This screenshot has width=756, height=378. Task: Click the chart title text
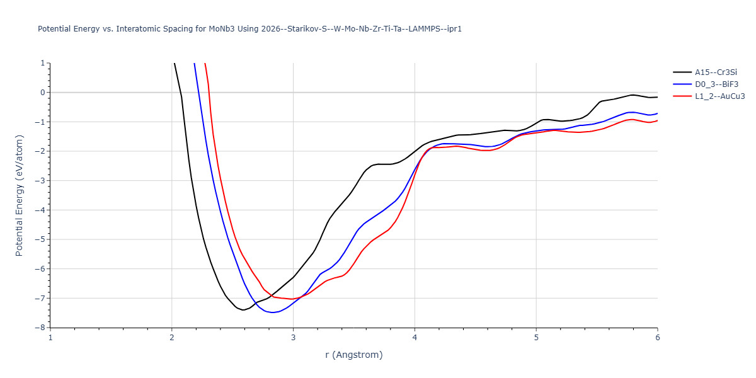[x=249, y=29]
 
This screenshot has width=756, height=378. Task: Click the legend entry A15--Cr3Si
[x=716, y=72]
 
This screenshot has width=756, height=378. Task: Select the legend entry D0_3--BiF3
[x=716, y=84]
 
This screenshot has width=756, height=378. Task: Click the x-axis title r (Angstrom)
[x=353, y=355]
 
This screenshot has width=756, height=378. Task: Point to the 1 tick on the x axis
[x=50, y=337]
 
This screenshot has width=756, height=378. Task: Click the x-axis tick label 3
[x=293, y=337]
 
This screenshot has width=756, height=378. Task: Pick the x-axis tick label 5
[x=536, y=337]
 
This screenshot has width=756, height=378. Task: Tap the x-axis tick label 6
[x=657, y=337]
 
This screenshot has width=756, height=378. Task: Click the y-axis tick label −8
[x=41, y=328]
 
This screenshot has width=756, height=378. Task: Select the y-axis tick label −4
[x=41, y=210]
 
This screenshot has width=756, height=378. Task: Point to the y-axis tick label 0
[x=43, y=93]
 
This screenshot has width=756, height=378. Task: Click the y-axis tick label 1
[x=43, y=63]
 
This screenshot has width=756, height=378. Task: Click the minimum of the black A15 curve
[x=243, y=310]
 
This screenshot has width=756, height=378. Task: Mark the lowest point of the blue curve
[x=272, y=312]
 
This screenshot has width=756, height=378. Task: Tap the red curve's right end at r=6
[x=657, y=120]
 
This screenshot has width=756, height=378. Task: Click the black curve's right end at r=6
[x=657, y=97]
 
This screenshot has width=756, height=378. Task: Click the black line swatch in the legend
[x=682, y=72]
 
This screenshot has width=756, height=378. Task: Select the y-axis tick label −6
[x=41, y=269]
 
